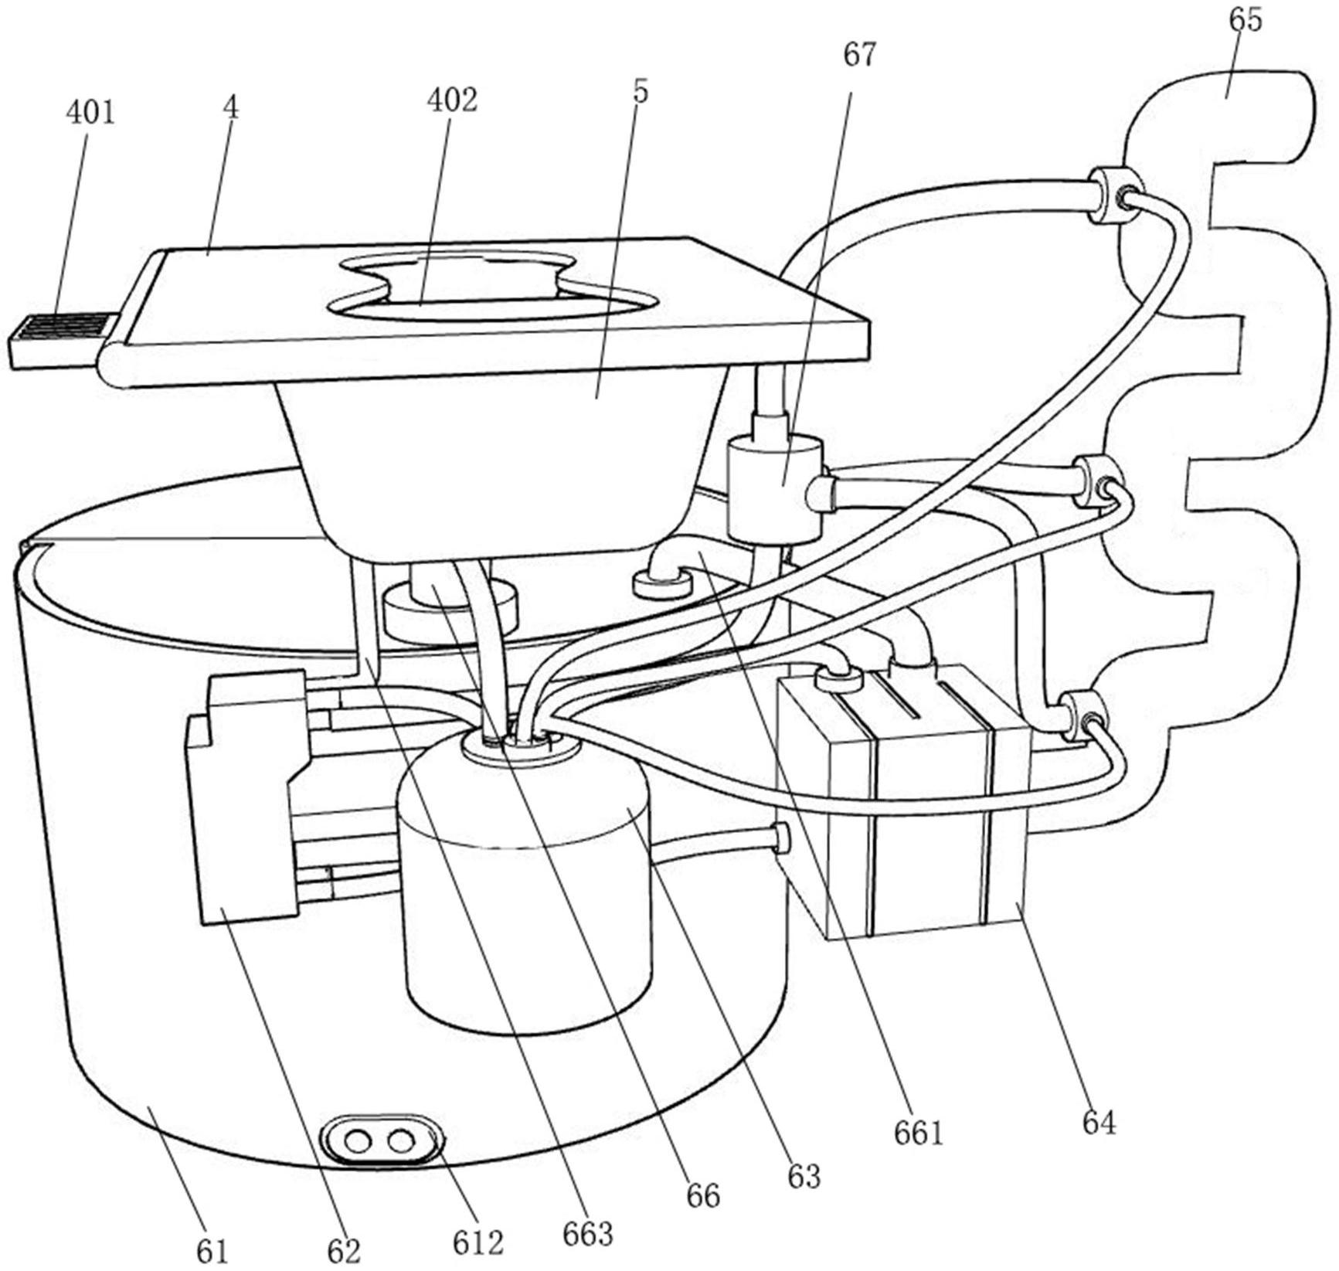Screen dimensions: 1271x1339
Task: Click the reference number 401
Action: [90, 113]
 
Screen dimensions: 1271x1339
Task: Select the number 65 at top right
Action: [1245, 19]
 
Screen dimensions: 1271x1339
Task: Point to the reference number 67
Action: [860, 55]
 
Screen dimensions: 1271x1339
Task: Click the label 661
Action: [919, 1133]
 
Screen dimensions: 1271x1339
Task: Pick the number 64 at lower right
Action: [1099, 1122]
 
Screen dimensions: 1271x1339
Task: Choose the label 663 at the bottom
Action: [588, 1235]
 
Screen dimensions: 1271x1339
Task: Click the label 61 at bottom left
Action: [212, 1250]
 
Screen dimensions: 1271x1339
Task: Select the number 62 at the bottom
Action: [344, 1250]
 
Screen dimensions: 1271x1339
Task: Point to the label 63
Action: [803, 1176]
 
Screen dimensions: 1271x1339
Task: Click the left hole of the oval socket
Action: [358, 1140]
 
